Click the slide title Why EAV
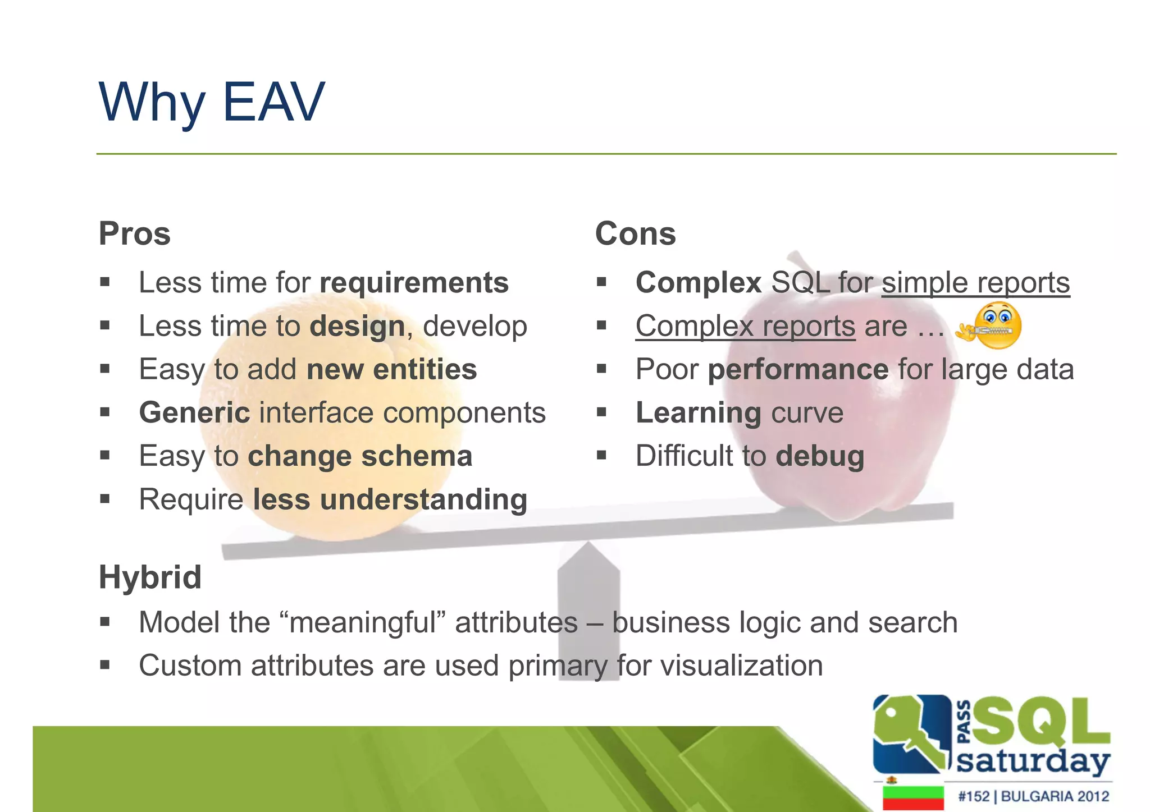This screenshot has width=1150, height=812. coord(212,102)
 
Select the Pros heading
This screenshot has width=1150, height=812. coord(135,233)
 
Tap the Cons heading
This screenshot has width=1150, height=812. coord(635,233)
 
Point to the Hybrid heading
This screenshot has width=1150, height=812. coord(150,577)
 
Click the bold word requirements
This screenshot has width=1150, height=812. coord(414,282)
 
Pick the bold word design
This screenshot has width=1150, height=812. coord(357,326)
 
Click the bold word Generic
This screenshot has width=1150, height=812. coord(194,413)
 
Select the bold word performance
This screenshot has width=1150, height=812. coord(798,370)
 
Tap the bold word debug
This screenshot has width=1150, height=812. coord(820,456)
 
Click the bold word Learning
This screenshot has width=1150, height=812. coord(699,413)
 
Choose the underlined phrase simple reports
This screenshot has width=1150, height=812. coord(975,282)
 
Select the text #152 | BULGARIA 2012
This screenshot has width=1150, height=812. coord(1033,796)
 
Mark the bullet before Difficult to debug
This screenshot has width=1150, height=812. coord(602,455)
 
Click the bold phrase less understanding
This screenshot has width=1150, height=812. coord(390,499)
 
